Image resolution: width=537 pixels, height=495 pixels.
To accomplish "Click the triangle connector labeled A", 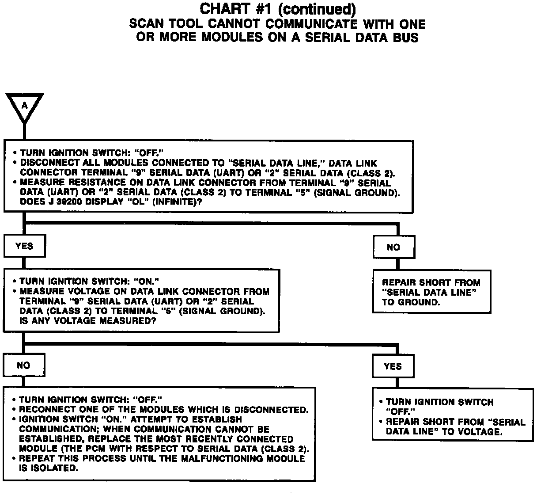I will coord(24,106).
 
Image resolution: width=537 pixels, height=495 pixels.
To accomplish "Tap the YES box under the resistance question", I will coord(24,246).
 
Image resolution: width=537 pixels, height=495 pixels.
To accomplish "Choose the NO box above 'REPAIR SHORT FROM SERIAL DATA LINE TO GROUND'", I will coord(393,247).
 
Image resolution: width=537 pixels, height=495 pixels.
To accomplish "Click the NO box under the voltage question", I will coord(23,365).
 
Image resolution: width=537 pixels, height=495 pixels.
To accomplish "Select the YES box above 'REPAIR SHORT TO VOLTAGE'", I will coord(393,366).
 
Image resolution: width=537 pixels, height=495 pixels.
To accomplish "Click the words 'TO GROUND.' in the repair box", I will coord(411,302).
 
